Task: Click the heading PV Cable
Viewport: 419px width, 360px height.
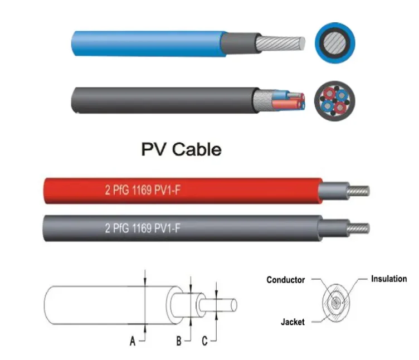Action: (x=181, y=149)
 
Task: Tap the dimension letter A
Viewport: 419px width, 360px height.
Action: (x=133, y=342)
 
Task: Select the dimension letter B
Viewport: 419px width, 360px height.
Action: (x=179, y=342)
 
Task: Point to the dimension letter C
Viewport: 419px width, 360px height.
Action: (x=204, y=342)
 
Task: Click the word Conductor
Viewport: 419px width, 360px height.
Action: (x=285, y=280)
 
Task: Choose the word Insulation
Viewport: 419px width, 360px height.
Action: (x=389, y=279)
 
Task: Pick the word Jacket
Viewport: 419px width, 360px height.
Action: (x=293, y=322)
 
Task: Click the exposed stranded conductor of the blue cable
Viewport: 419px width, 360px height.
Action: (x=281, y=43)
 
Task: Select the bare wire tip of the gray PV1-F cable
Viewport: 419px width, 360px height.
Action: (x=359, y=228)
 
